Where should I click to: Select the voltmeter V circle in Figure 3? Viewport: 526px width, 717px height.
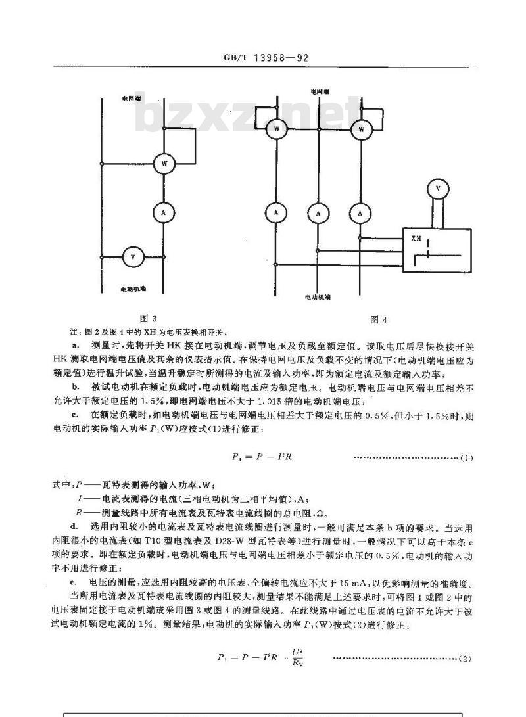pyautogui.click(x=132, y=257)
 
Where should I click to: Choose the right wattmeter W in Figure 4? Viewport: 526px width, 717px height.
pyautogui.click(x=360, y=129)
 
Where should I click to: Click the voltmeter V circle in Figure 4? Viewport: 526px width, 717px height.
pyautogui.click(x=439, y=189)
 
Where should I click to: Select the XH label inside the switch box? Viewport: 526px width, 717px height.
pyautogui.click(x=416, y=239)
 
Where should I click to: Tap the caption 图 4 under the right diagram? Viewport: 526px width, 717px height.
pyautogui.click(x=379, y=320)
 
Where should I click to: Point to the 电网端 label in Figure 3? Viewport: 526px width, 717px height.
pyautogui.click(x=131, y=99)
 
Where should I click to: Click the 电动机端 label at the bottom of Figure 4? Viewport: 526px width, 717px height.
pyautogui.click(x=318, y=297)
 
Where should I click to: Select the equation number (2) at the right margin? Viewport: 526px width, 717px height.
pyautogui.click(x=465, y=658)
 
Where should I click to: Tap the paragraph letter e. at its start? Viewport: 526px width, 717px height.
pyautogui.click(x=73, y=582)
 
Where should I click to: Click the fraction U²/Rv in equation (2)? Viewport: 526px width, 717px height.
pyautogui.click(x=297, y=657)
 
